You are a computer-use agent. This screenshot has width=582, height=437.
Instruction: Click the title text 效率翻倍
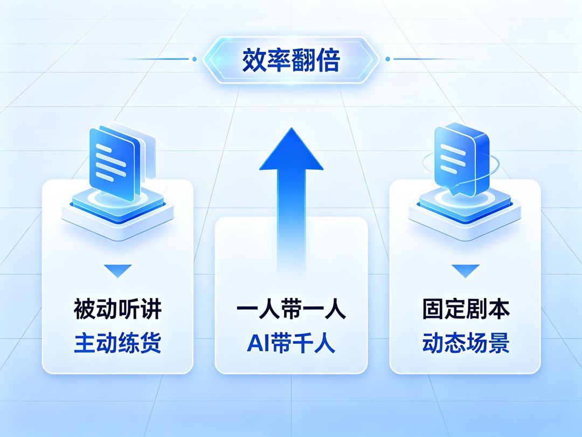click(291, 60)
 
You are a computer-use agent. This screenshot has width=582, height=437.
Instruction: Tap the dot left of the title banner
click(195, 59)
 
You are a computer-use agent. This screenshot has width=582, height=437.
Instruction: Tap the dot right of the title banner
click(388, 59)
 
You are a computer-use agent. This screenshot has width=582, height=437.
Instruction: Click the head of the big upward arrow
click(292, 149)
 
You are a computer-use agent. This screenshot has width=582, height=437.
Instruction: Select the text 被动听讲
click(117, 309)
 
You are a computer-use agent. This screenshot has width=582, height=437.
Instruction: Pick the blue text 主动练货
click(117, 343)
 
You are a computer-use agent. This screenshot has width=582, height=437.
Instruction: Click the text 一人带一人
click(292, 309)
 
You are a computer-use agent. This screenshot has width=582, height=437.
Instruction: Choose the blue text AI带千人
click(292, 343)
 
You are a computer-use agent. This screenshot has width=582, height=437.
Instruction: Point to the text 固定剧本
click(466, 309)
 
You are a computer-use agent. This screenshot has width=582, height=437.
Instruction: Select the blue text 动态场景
click(466, 343)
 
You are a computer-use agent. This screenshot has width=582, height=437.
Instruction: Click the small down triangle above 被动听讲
click(117, 271)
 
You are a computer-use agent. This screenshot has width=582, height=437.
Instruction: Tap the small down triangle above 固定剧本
click(466, 271)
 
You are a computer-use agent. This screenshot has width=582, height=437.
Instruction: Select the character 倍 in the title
click(328, 60)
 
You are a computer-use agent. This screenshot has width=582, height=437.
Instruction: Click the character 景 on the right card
click(499, 343)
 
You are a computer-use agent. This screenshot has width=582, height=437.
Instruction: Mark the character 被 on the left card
click(85, 309)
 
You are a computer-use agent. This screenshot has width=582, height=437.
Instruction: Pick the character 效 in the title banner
click(254, 60)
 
